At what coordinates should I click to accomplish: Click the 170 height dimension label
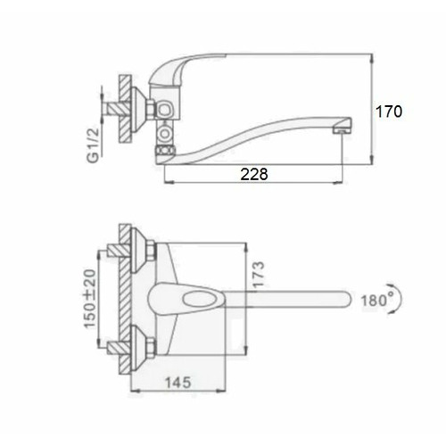[389, 111]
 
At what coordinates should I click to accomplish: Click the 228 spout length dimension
[254, 174]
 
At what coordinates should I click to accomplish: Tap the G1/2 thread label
[93, 145]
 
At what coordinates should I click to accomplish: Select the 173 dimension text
[258, 274]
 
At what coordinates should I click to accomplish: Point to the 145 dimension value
[178, 383]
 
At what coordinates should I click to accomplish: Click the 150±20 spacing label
[90, 299]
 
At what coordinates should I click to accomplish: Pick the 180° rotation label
[377, 300]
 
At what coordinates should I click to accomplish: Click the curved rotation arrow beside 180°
[401, 298]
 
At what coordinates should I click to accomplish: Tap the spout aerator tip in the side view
[343, 130]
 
